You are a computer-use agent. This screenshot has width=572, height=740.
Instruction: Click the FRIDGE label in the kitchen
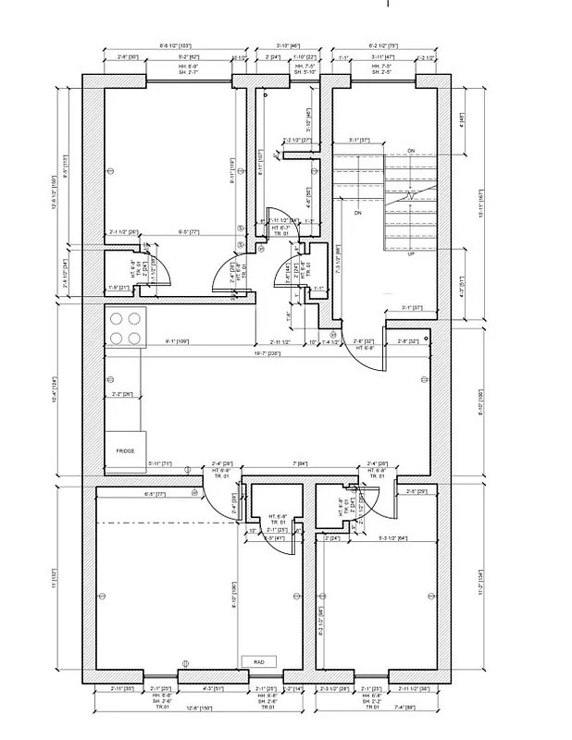[x=125, y=450]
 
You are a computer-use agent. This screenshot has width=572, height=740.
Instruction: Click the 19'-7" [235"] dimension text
[x=267, y=351]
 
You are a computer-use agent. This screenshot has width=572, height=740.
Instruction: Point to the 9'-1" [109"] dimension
[x=177, y=341]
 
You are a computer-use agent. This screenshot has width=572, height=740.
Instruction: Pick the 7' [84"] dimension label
[x=300, y=462]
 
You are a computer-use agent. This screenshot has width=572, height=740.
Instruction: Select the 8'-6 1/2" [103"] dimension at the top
[x=175, y=43]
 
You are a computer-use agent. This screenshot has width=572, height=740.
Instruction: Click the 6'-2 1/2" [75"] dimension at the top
[x=382, y=43]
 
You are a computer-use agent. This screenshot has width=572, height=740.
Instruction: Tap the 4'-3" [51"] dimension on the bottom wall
[x=212, y=689]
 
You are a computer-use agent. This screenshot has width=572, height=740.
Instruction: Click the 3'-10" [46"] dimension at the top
[x=290, y=43]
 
